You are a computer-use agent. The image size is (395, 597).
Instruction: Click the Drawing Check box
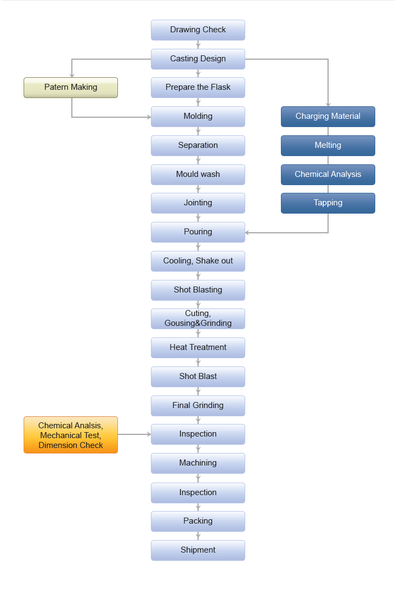click(x=198, y=30)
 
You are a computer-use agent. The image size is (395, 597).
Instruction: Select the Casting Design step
click(x=198, y=59)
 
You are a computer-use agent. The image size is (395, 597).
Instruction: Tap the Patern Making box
click(x=71, y=88)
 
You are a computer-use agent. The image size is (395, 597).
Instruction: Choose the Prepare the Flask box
click(x=198, y=88)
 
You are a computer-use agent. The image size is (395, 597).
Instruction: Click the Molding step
click(x=198, y=117)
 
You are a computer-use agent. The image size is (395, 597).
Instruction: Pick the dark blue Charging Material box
click(x=328, y=117)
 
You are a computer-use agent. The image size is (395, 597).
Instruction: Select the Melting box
click(x=328, y=146)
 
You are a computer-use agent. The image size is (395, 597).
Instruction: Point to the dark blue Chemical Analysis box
click(x=328, y=175)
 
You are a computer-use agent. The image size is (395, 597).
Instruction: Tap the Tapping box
click(x=328, y=203)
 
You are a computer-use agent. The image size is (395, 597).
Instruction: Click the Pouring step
click(x=198, y=232)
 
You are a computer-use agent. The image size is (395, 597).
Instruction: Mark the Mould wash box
click(x=198, y=175)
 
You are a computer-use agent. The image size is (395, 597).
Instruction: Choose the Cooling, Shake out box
click(x=198, y=261)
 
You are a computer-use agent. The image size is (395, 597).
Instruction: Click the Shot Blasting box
click(x=198, y=290)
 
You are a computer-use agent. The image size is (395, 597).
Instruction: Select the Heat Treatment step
click(x=198, y=348)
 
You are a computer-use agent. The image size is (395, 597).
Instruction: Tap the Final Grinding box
click(x=198, y=406)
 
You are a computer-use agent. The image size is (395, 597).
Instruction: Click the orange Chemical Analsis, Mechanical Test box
click(x=71, y=435)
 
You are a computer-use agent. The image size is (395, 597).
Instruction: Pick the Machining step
click(x=198, y=463)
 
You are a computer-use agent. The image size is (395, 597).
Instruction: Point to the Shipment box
click(x=198, y=550)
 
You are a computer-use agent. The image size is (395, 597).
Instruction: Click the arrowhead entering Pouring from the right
click(x=247, y=233)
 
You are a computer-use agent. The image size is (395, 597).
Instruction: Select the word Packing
click(x=198, y=521)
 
